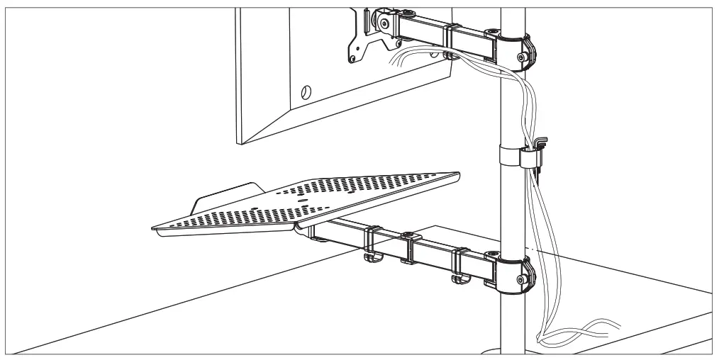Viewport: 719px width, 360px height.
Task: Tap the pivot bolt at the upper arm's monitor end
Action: tap(384, 23)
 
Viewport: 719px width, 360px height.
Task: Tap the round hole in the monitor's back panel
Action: tap(306, 91)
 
